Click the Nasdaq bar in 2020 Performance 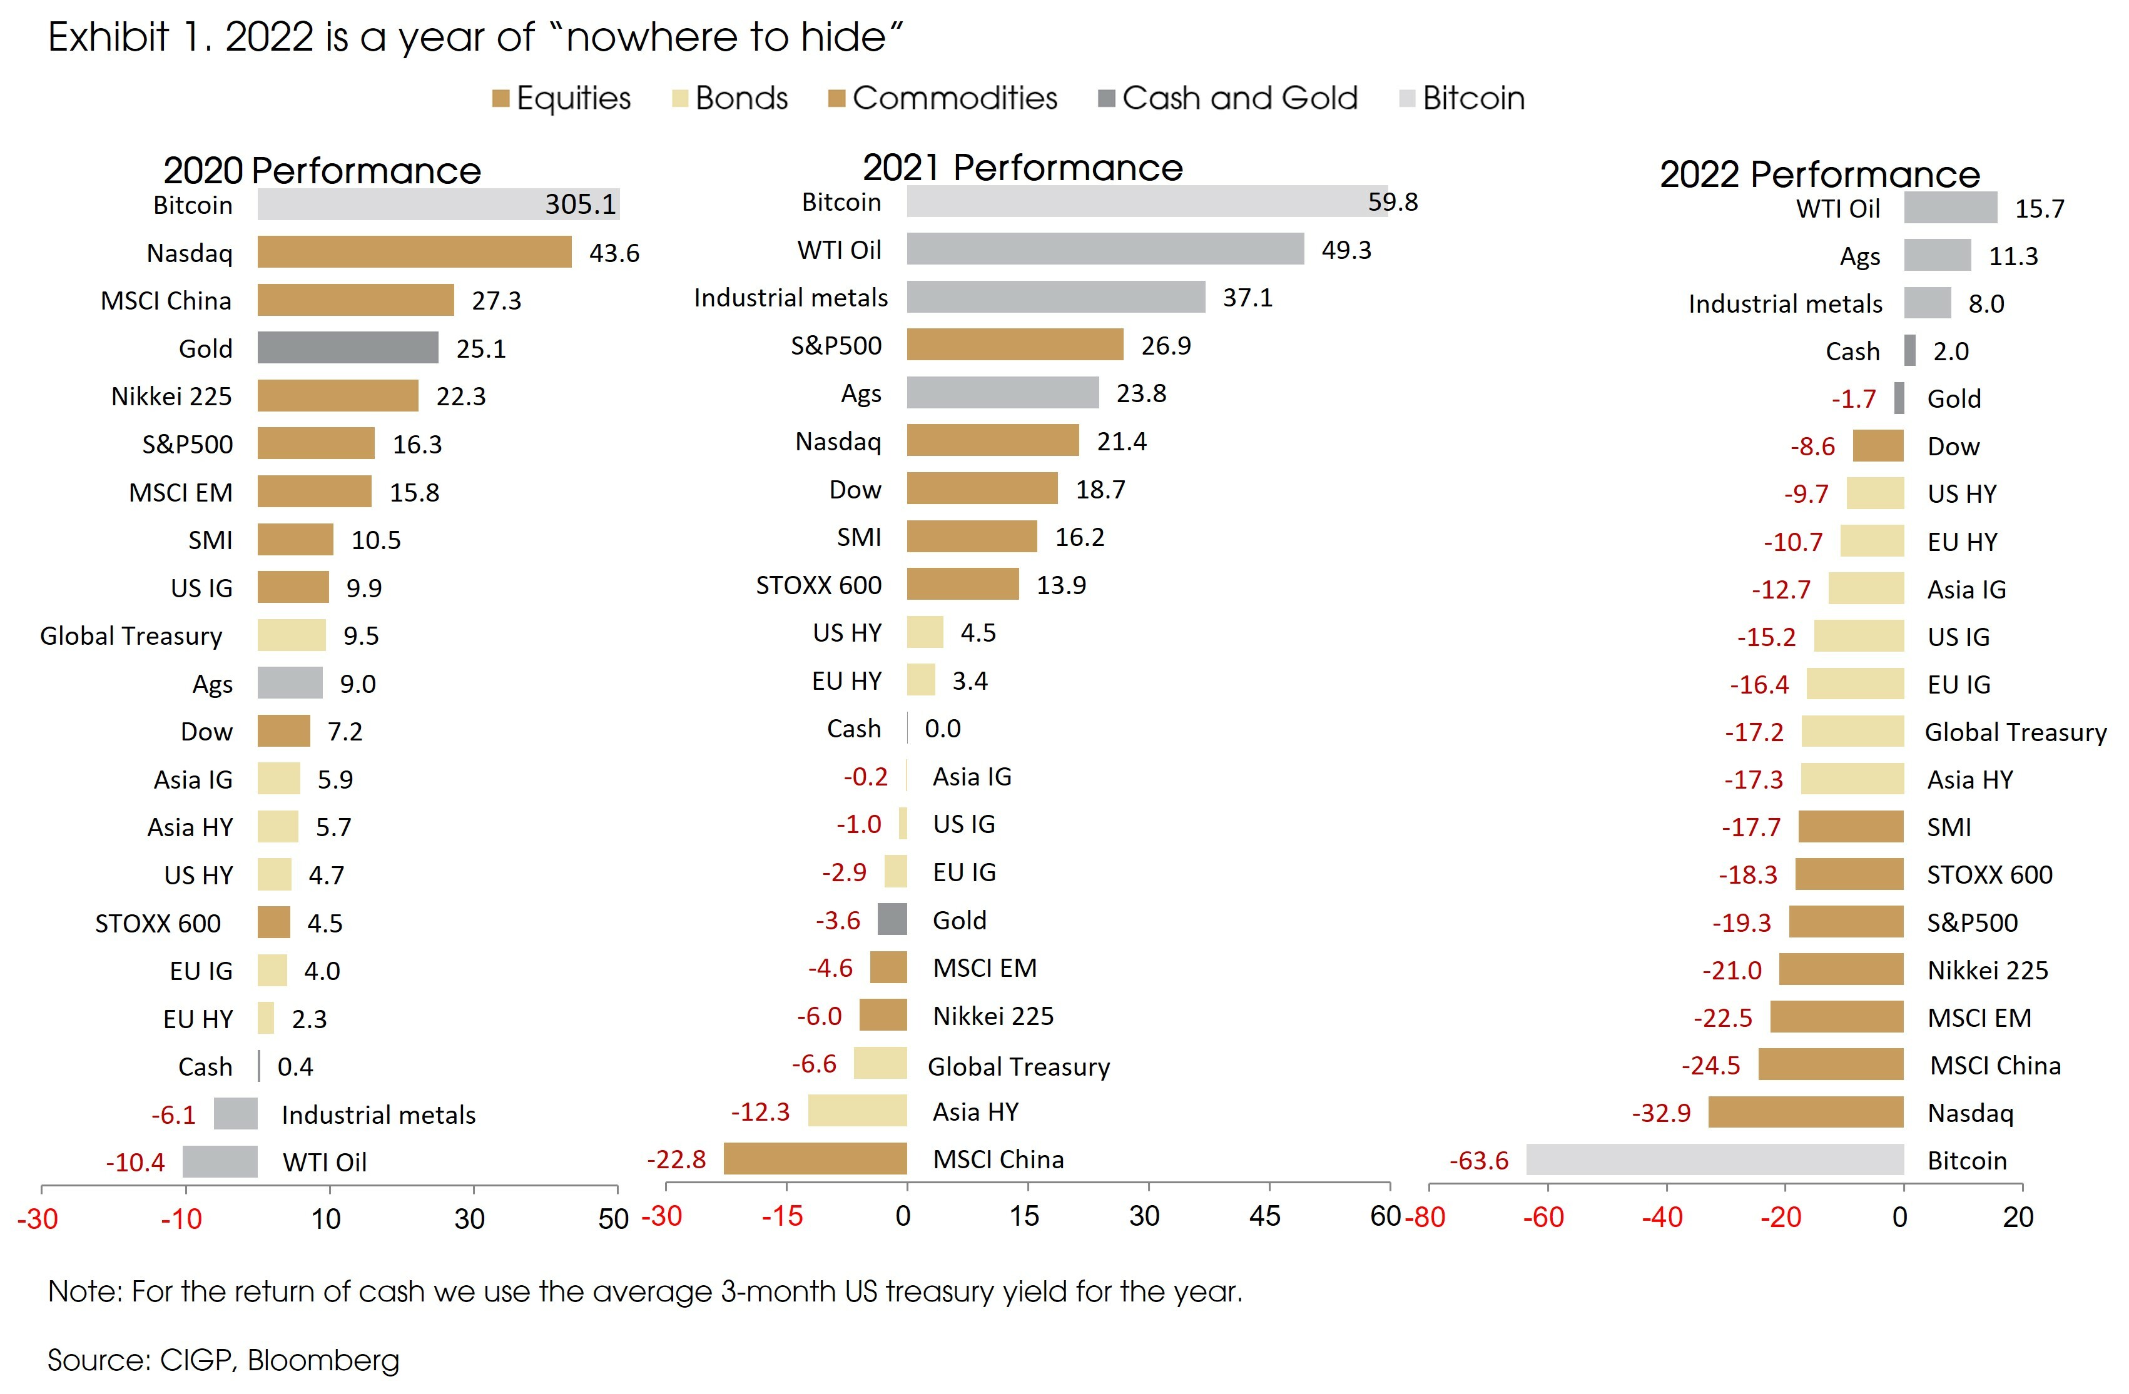414,252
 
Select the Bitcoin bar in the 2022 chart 1714,1159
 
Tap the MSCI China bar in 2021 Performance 815,1159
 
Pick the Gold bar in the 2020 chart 348,348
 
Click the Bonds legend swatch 680,98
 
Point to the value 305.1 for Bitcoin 581,205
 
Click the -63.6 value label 1479,1161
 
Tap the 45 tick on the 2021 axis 1264,1216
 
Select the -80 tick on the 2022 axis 1426,1217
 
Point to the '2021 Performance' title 1022,168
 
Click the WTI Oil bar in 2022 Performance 1950,208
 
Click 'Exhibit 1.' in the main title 130,38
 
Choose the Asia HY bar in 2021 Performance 857,1111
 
